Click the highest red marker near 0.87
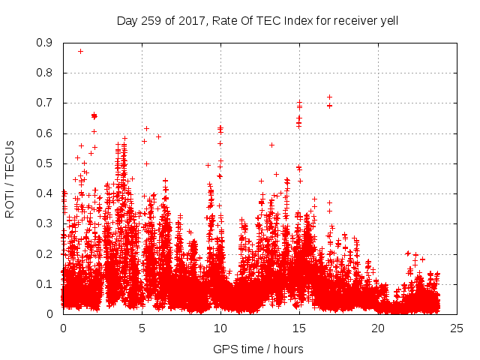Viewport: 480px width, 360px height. pyautogui.click(x=80, y=51)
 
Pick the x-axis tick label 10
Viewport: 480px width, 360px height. pyautogui.click(x=220, y=328)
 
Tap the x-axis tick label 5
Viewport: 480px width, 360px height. pyautogui.click(x=142, y=328)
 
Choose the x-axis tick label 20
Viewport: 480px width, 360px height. pyautogui.click(x=378, y=328)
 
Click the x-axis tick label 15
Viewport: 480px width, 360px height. pyautogui.click(x=299, y=328)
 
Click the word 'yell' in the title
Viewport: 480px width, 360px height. pyautogui.click(x=387, y=20)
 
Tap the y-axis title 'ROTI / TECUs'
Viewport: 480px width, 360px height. pyautogui.click(x=10, y=178)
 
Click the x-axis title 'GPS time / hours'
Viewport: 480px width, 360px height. pyautogui.click(x=258, y=349)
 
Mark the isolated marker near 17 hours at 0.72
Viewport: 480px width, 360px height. pyautogui.click(x=329, y=97)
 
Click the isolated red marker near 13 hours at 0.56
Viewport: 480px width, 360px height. pyautogui.click(x=271, y=145)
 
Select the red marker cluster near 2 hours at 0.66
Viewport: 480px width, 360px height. pyautogui.click(x=94, y=115)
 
